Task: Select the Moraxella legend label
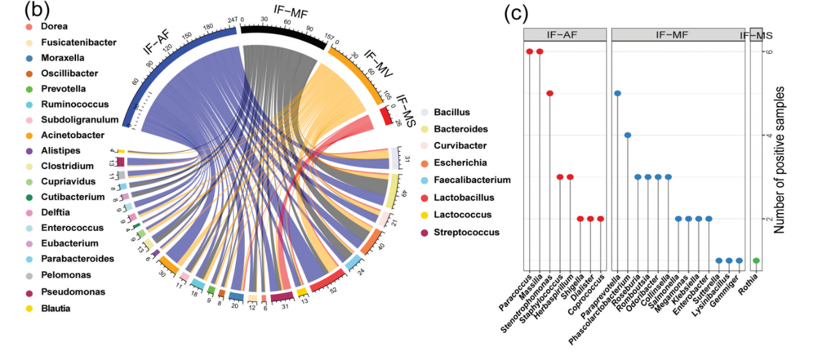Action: pyautogui.click(x=63, y=58)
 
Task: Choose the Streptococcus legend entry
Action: pyautogui.click(x=467, y=232)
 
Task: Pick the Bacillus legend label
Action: pyautogui.click(x=451, y=113)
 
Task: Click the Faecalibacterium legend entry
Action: pyautogui.click(x=472, y=180)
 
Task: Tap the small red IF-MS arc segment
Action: pyautogui.click(x=386, y=116)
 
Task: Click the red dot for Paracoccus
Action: pyautogui.click(x=530, y=52)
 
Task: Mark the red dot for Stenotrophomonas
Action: pyautogui.click(x=550, y=93)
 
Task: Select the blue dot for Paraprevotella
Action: pyautogui.click(x=617, y=93)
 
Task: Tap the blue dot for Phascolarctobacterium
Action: pyautogui.click(x=628, y=135)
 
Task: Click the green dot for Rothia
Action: pyautogui.click(x=756, y=260)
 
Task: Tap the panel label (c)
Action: pyautogui.click(x=516, y=13)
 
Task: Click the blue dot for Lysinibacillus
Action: pyautogui.click(x=729, y=260)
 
